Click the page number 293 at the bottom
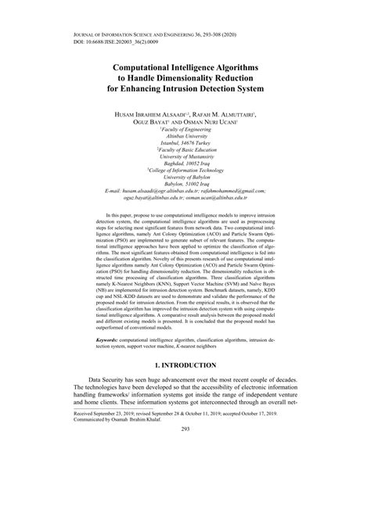point(185,494)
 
